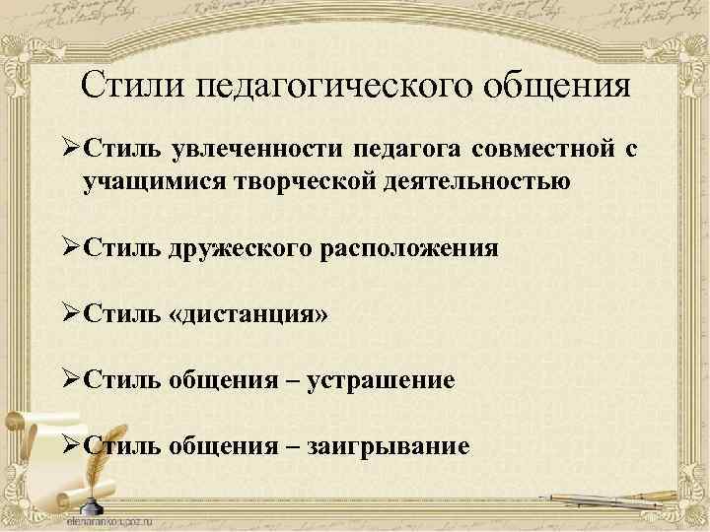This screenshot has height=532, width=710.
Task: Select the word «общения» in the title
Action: coord(556,86)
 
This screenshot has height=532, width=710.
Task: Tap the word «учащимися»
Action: coord(158,181)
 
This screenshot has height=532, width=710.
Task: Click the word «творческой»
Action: coord(309,181)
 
